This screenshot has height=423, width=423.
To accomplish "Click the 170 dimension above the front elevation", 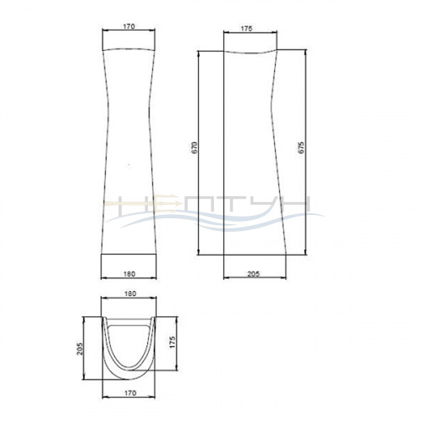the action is pyautogui.click(x=129, y=26).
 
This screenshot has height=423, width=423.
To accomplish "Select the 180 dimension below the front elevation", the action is pyautogui.click(x=129, y=274).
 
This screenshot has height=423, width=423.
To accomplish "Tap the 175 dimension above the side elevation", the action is pyautogui.click(x=246, y=29).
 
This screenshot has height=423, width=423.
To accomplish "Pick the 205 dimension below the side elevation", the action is pyautogui.click(x=254, y=274).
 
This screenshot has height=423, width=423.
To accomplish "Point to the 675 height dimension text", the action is pyautogui.click(x=301, y=147).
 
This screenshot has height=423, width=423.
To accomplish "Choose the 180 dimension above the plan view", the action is pyautogui.click(x=130, y=294).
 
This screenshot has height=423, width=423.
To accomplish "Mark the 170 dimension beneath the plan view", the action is pyautogui.click(x=130, y=393).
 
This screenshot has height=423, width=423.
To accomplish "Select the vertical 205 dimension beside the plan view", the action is pyautogui.click(x=80, y=349).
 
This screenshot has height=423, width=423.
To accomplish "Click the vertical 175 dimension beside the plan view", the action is pyautogui.click(x=173, y=342).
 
